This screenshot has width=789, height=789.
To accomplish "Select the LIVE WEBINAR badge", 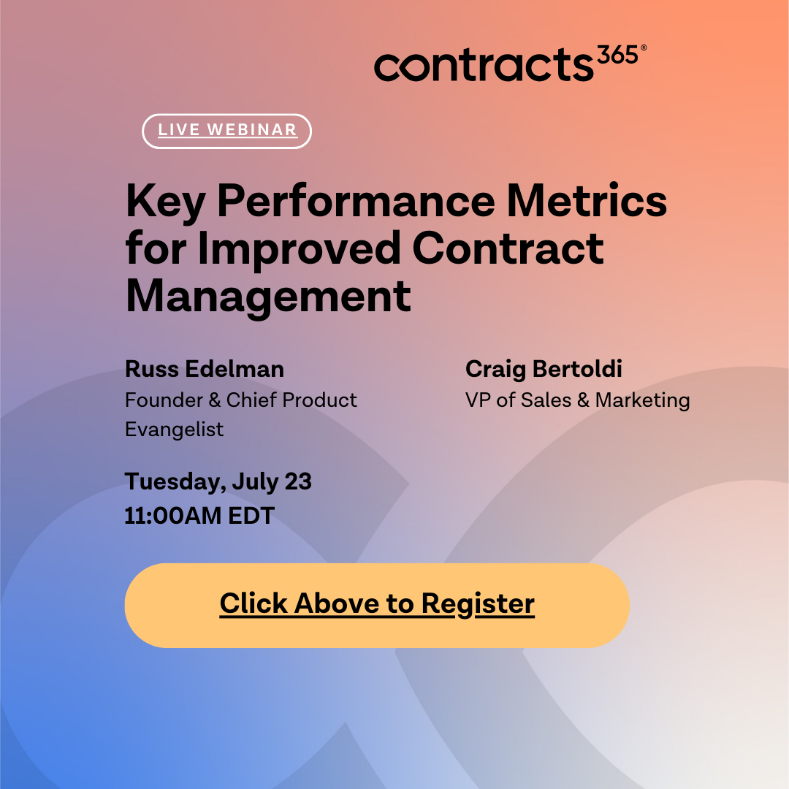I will (x=226, y=131).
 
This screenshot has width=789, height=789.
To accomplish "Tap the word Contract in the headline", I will (x=508, y=248).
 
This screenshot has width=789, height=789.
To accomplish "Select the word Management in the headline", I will (x=268, y=297).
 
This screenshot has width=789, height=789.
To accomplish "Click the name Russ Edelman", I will (x=205, y=370).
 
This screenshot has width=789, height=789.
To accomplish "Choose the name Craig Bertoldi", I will (x=544, y=370).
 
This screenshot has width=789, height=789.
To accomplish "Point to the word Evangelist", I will (x=174, y=429).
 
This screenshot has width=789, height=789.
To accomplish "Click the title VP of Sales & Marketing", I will (x=577, y=400).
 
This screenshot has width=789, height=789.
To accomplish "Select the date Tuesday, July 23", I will (x=218, y=482).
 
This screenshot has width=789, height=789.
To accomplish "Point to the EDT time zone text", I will (x=251, y=516).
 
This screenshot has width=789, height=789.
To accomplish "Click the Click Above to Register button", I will (x=377, y=605).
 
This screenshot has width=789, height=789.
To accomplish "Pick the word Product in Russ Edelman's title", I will (x=320, y=400).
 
